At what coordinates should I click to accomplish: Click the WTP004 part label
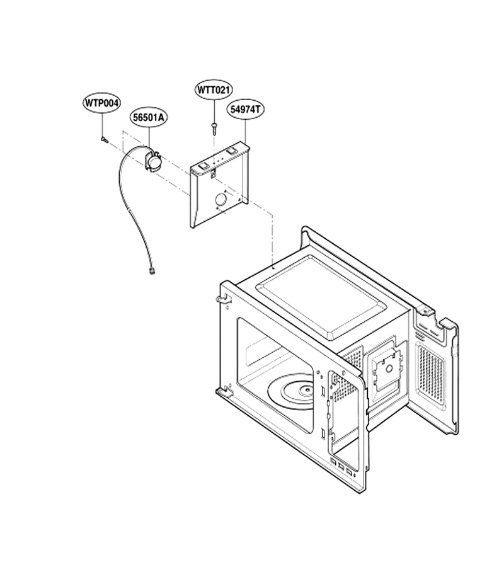[101, 103]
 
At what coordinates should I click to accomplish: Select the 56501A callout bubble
[148, 118]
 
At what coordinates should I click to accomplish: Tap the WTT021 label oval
[214, 89]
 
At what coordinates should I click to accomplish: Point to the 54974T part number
[245, 110]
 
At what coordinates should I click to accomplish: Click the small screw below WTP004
[104, 139]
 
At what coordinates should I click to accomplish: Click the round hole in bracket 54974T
[220, 199]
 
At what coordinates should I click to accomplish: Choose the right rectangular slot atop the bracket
[232, 151]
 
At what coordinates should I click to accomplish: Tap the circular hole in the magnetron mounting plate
[389, 369]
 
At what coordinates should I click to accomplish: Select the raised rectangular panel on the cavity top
[320, 297]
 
